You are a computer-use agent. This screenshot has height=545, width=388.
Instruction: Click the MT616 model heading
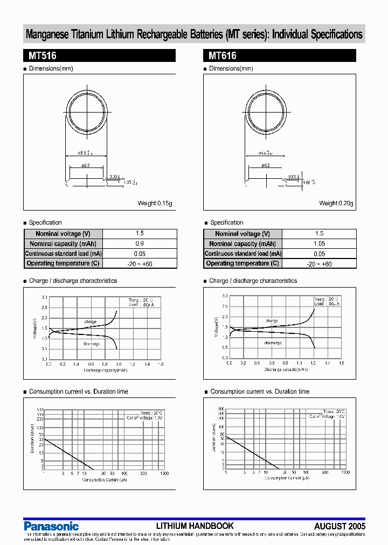[223, 55]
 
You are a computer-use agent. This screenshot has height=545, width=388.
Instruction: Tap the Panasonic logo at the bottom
[51, 526]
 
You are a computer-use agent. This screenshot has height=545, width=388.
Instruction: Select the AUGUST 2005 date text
[339, 526]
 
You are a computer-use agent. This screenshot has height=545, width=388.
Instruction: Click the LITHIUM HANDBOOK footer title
[195, 526]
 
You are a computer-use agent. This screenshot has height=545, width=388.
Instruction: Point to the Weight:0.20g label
[336, 203]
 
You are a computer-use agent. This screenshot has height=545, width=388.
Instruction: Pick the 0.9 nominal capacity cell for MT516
[140, 243]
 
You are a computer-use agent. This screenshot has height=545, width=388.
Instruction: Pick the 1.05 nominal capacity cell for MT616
[319, 243]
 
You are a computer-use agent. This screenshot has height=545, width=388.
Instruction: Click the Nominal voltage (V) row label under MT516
[63, 234]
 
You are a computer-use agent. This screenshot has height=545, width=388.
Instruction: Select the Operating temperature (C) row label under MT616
[242, 263]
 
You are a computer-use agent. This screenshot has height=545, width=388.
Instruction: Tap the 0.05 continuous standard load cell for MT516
[140, 254]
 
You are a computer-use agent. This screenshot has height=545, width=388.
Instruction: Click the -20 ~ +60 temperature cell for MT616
[319, 264]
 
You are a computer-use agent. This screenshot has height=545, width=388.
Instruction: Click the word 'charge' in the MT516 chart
[91, 322]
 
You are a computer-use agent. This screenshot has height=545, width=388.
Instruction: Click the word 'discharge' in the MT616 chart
[273, 343]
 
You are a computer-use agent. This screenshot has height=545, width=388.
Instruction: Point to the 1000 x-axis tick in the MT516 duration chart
[164, 473]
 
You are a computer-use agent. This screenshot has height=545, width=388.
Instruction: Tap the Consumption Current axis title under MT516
[105, 479]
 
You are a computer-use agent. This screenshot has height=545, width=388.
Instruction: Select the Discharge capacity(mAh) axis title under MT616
[286, 369]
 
